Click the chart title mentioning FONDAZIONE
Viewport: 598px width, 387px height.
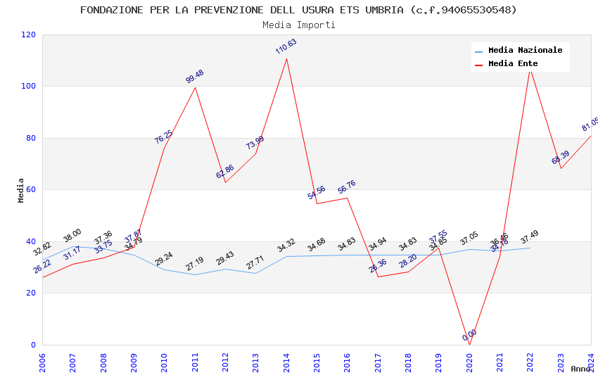pos(298,10)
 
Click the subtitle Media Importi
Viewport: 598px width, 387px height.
pos(298,25)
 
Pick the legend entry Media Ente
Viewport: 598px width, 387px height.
pos(513,63)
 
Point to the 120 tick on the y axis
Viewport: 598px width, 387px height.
pos(28,34)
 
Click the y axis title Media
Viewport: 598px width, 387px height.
pos(21,190)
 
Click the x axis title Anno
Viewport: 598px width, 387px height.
pos(580,369)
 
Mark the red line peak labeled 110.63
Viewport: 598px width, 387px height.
pos(286,58)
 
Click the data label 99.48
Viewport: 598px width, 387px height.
pos(195,77)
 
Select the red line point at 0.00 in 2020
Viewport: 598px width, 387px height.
pos(469,344)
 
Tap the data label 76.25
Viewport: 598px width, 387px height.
pos(164,137)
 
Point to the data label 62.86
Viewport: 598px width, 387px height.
pos(225,171)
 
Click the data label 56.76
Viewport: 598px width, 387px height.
pos(347,186)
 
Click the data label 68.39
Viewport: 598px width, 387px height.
pos(561,158)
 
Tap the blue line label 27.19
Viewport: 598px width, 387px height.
pos(195,264)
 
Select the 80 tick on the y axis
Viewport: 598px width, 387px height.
pos(30,138)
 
